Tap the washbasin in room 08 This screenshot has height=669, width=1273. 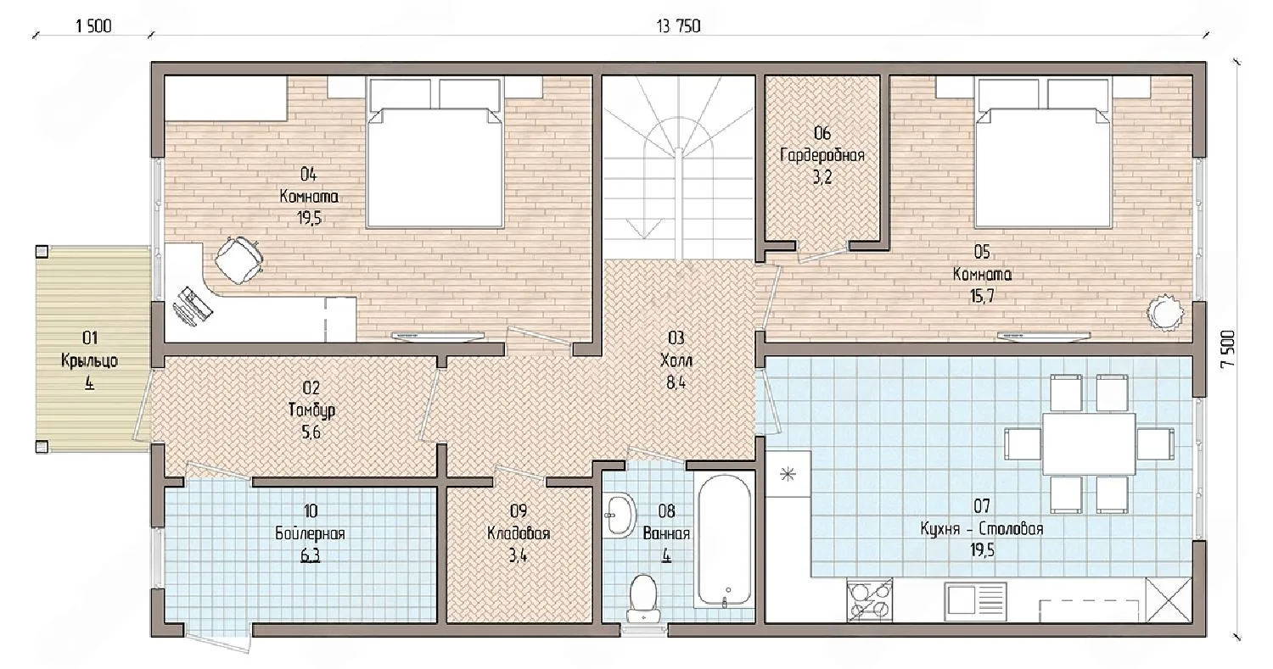coord(620,516)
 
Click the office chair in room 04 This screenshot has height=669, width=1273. coord(238,259)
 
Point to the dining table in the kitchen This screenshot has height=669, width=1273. coord(1088,444)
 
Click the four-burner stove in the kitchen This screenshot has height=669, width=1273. coord(869,600)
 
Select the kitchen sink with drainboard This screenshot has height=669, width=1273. coord(975,601)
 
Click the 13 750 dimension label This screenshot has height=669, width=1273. coord(679,26)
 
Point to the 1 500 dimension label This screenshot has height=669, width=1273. coord(93,26)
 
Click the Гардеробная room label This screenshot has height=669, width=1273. coord(822,156)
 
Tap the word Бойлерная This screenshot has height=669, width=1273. coord(311,534)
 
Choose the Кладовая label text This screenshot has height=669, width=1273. coord(519,534)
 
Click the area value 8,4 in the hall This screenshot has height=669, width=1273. coord(676,383)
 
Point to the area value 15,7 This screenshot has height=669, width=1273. coord(982,297)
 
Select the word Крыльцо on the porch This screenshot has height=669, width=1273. coord(89,361)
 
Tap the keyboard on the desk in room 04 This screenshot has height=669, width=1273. coord(192,307)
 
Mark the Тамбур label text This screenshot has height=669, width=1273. coord(311,410)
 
